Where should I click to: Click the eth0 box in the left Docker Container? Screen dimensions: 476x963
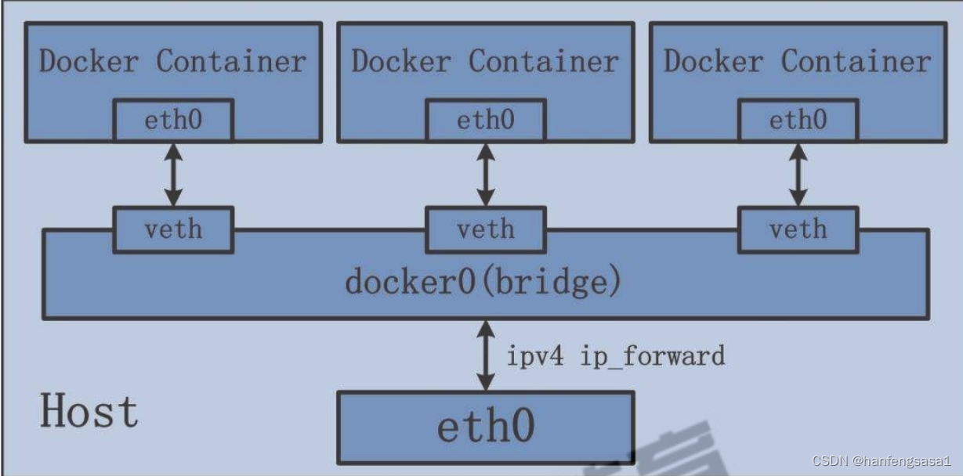[173, 121]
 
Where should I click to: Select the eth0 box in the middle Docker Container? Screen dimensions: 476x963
[485, 121]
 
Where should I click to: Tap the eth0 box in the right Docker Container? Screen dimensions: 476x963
[798, 121]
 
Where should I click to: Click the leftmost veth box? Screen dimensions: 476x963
[173, 229]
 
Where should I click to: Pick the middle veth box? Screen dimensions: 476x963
[485, 229]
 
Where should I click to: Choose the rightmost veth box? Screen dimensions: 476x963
[798, 229]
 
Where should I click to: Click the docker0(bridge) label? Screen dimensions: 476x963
[483, 282]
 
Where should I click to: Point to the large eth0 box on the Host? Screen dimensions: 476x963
[485, 427]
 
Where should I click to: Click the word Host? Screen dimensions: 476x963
[89, 412]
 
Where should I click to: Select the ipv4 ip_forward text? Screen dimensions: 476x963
[615, 356]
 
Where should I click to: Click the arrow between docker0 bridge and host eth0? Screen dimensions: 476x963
[486, 355]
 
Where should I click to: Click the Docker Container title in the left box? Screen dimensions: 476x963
[172, 61]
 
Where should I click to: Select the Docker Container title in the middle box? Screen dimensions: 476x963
[485, 61]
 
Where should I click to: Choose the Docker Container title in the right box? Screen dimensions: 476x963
[797, 61]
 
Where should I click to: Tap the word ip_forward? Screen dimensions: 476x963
[652, 357]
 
